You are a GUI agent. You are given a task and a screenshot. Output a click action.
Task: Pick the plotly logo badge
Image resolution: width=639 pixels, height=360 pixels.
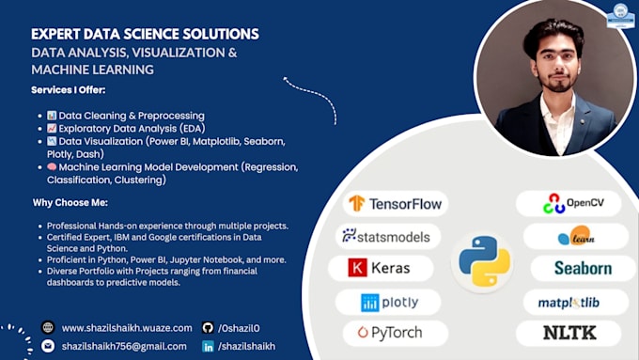click(389, 302)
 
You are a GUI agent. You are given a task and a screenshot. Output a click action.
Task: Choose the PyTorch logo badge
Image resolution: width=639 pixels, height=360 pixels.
click(387, 332)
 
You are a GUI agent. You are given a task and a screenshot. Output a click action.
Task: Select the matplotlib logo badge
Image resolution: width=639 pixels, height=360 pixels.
click(568, 302)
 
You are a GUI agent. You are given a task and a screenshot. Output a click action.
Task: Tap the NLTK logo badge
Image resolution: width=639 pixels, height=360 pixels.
click(568, 332)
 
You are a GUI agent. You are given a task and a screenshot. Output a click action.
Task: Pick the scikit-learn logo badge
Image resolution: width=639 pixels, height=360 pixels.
click(575, 236)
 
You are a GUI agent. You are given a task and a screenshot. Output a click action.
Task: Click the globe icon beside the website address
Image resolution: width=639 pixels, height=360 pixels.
click(48, 328)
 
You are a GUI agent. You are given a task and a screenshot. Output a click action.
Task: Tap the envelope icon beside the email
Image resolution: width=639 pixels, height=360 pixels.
click(48, 346)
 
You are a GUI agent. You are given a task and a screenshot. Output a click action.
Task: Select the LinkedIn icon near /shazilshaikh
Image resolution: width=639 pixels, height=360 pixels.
click(208, 346)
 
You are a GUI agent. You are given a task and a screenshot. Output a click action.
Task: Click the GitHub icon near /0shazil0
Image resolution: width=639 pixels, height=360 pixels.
click(208, 328)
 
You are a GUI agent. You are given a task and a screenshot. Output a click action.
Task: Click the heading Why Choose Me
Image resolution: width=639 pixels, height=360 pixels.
click(72, 202)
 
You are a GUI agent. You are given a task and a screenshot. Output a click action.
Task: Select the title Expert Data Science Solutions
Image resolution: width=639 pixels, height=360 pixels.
click(145, 34)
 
